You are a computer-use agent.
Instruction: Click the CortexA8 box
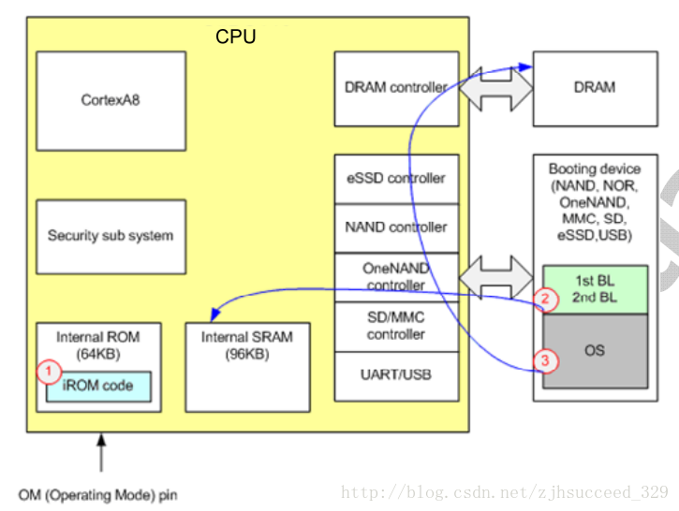[111, 100]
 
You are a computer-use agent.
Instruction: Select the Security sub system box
[111, 236]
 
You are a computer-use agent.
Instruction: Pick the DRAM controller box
[396, 88]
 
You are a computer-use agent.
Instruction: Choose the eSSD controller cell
[396, 178]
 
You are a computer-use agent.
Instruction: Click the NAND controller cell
[396, 226]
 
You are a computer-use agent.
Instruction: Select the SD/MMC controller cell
[396, 326]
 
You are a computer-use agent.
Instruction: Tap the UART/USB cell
[396, 375]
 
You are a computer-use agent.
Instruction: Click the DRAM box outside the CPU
[595, 88]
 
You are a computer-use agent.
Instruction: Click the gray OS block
[595, 351]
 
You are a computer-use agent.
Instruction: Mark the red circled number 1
[48, 372]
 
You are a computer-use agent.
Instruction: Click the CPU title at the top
[236, 37]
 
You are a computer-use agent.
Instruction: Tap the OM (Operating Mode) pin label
[97, 494]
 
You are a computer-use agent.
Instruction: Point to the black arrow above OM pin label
[101, 453]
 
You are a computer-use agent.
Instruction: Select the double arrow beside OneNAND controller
[495, 276]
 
